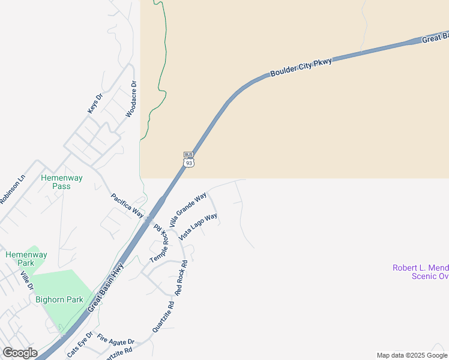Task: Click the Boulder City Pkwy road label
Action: [301, 65]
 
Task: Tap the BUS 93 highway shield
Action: [188, 160]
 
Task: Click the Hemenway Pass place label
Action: [61, 182]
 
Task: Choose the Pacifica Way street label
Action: [128, 205]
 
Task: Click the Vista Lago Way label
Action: [197, 227]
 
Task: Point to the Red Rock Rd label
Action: [181, 277]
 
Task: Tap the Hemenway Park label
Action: [26, 259]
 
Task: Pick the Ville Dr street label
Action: [26, 280]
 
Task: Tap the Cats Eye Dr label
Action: [80, 345]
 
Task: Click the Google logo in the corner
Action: [20, 353]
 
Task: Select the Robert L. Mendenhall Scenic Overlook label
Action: [420, 272]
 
